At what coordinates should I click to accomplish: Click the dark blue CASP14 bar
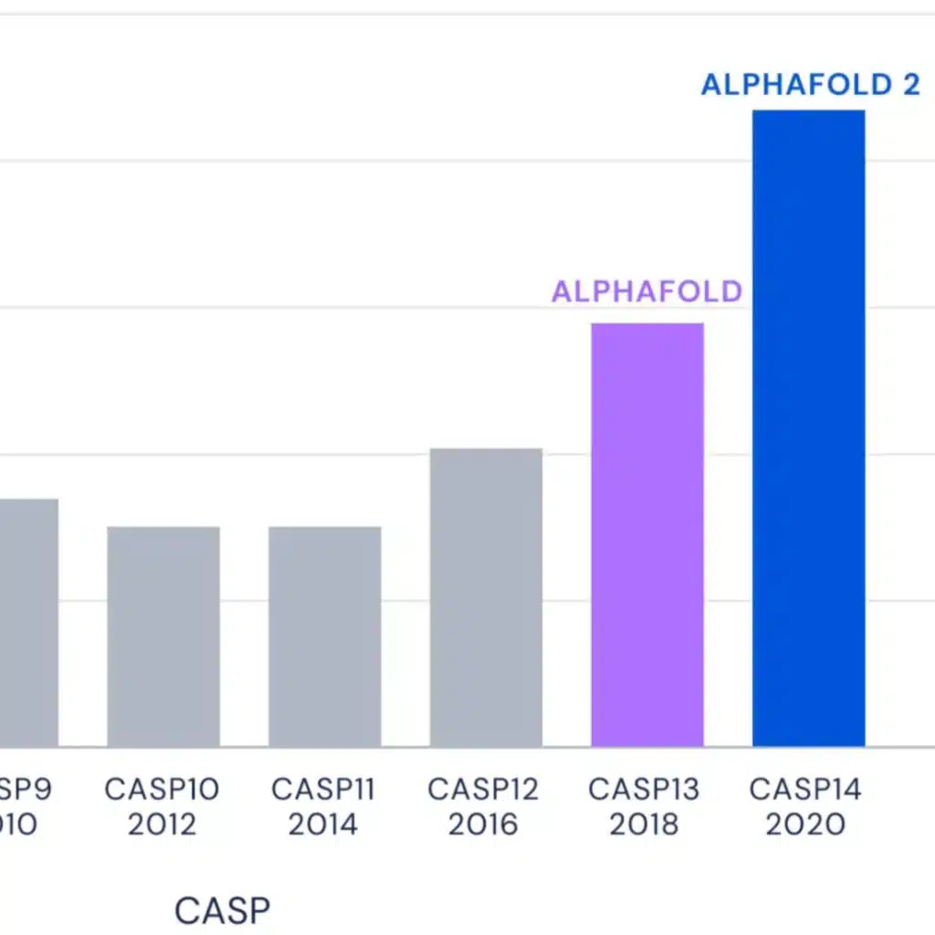[808, 429]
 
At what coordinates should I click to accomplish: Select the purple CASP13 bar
[647, 535]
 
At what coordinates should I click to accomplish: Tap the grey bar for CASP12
[486, 598]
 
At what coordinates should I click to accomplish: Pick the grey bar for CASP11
[324, 636]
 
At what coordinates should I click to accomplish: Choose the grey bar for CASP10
[163, 636]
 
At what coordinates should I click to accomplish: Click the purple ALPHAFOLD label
[646, 292]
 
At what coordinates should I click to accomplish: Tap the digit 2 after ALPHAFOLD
[910, 85]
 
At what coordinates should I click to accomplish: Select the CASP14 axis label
[805, 789]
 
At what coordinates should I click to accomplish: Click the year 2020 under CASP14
[805, 825]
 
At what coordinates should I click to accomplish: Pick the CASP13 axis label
[644, 789]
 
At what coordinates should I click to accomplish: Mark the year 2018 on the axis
[644, 825]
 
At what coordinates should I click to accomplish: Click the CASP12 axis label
[483, 789]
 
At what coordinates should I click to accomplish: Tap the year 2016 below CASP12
[483, 825]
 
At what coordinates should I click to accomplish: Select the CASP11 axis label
[323, 789]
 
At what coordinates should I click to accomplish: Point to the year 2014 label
[323, 825]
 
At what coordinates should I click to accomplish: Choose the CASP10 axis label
[162, 789]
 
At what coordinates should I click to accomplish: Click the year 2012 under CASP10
[162, 825]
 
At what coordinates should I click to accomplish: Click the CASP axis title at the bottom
[222, 911]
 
